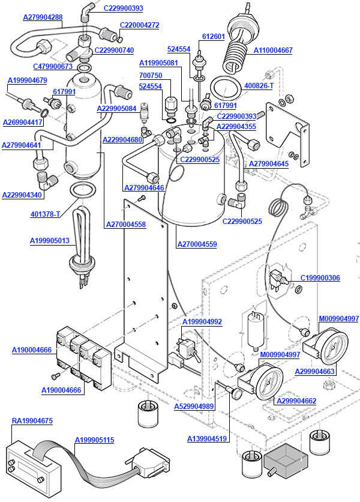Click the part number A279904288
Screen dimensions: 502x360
click(43, 17)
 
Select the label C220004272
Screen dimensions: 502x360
click(139, 25)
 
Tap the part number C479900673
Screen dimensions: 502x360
click(53, 67)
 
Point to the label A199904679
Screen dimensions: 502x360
click(27, 80)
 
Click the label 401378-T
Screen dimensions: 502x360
click(46, 214)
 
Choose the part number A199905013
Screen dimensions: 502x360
click(50, 241)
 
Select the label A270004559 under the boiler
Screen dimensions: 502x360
click(197, 244)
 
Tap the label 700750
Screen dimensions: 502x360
click(151, 76)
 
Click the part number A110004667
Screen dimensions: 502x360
click(273, 50)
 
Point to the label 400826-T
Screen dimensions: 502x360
click(259, 86)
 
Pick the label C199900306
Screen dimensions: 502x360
click(320, 278)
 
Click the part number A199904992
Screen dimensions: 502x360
click(202, 322)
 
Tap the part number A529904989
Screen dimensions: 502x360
click(194, 407)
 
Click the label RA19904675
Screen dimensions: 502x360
click(32, 421)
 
